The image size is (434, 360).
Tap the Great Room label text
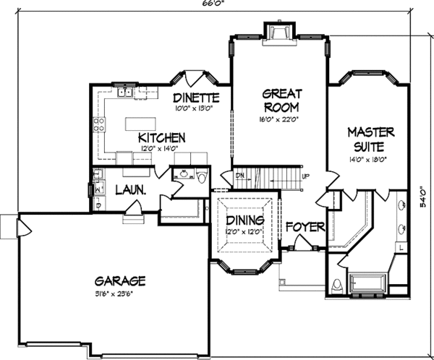coord(281,100)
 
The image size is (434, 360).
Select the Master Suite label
coord(370,138)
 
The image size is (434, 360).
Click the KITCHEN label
coord(162,137)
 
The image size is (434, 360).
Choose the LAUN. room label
coord(132,190)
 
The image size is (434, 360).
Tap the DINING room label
coord(244,220)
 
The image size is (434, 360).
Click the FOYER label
coord(305,226)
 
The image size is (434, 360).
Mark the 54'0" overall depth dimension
coord(422,198)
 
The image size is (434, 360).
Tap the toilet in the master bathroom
coord(335,285)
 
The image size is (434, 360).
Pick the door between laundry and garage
coord(132,210)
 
